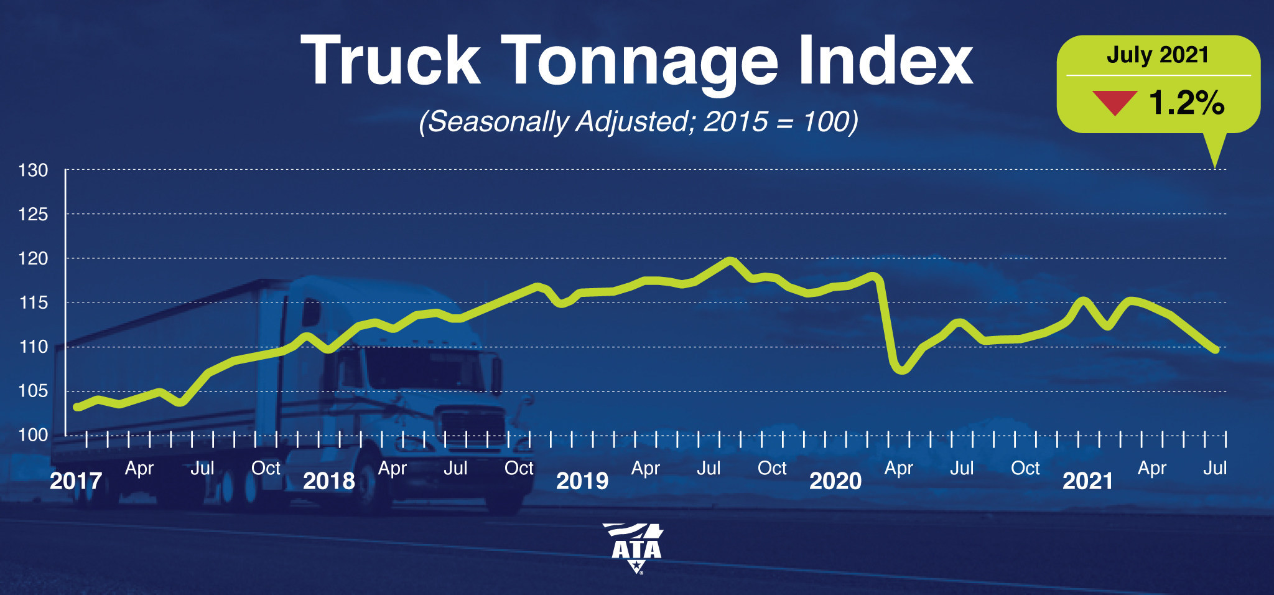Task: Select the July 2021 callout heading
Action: pos(1158,55)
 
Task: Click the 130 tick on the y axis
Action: pos(33,170)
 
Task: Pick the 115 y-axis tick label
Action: pos(33,302)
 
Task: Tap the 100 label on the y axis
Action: pos(33,435)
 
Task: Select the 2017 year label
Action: pos(75,481)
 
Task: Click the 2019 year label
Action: pos(582,481)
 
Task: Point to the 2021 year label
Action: pos(1087,481)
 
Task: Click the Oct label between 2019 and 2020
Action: pos(772,468)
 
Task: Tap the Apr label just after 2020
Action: pos(899,469)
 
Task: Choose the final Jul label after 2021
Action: pos(1215,468)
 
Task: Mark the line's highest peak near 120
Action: pos(731,261)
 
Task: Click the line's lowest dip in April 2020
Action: pos(901,370)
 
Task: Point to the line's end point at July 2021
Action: pos(1216,350)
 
